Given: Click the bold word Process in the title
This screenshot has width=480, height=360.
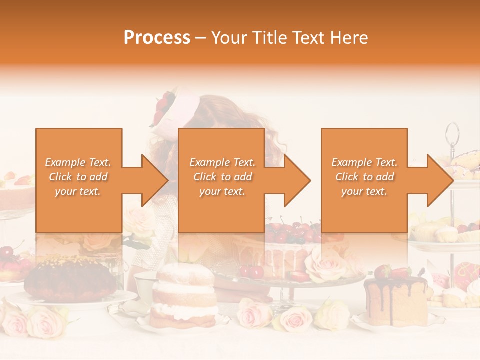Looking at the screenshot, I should coord(157,38).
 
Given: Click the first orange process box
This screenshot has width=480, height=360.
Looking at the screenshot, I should coord(78,180).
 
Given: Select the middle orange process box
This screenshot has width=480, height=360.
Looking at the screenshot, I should coord(221,180).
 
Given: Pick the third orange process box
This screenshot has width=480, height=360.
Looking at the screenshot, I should coord(364,180).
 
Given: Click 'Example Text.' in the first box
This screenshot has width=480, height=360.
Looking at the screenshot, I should coord(78,162).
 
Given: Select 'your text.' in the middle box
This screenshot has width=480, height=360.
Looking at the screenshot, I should coord(222,191).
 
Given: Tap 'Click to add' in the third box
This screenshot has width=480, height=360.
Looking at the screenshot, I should coord(364,177).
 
